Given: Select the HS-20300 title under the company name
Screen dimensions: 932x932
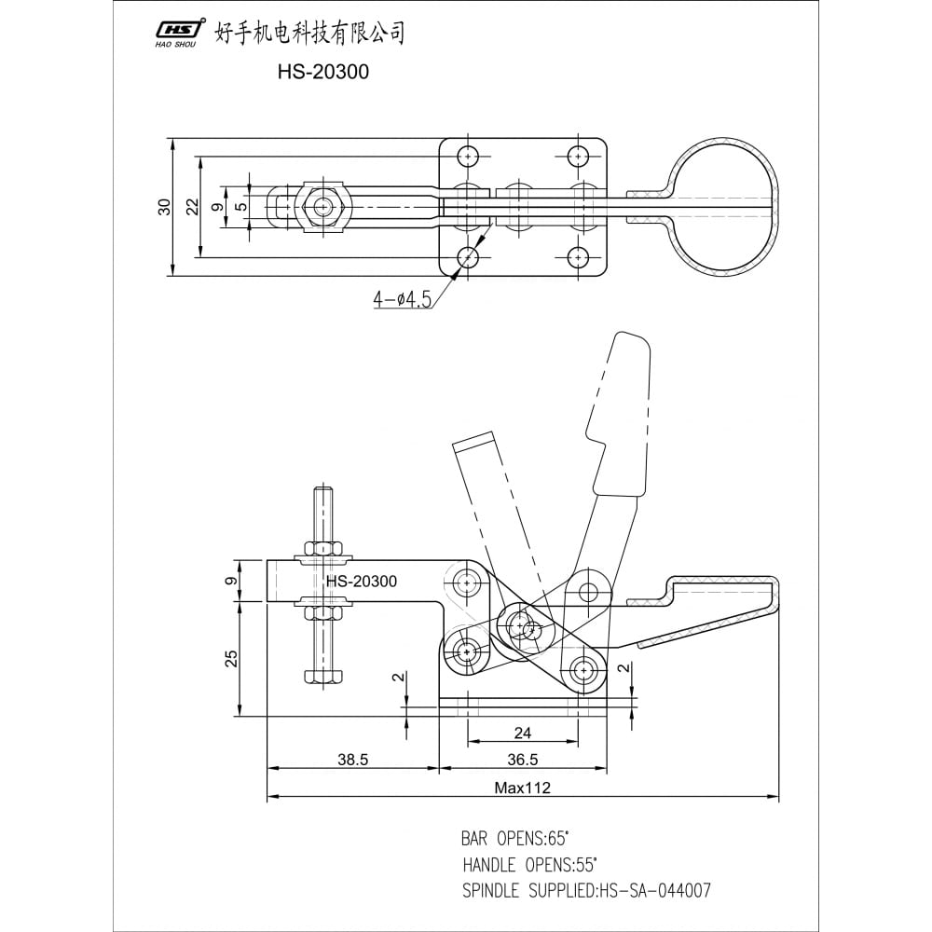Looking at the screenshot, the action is [x=322, y=72].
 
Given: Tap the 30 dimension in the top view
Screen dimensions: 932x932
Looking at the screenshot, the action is [x=164, y=207].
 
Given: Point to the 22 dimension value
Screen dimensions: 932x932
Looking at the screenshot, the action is [x=193, y=207].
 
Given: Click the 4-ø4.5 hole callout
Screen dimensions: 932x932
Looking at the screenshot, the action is [x=402, y=299].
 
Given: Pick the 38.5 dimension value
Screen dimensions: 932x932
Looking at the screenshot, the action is [x=353, y=759].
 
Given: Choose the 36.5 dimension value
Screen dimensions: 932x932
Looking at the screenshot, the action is [x=523, y=759].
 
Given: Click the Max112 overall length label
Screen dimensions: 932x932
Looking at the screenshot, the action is [x=523, y=788].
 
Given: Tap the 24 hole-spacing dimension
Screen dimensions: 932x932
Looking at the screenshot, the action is [x=523, y=733].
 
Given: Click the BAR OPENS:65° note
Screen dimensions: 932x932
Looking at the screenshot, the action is [x=514, y=839].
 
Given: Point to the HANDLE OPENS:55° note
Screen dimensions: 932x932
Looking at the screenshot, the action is [x=529, y=864].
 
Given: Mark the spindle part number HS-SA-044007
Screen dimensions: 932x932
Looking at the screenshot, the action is [x=655, y=890].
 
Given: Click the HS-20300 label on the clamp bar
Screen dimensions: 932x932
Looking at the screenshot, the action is [x=362, y=581].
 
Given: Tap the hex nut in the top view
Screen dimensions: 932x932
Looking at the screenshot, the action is [x=322, y=207].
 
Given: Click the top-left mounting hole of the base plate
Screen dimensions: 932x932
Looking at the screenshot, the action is [x=469, y=157].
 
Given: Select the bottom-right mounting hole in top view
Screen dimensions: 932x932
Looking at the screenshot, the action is [x=578, y=258].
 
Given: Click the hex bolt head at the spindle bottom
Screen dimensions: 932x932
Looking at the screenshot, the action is [x=323, y=677].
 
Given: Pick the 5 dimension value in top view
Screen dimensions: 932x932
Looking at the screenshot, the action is [x=240, y=207].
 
